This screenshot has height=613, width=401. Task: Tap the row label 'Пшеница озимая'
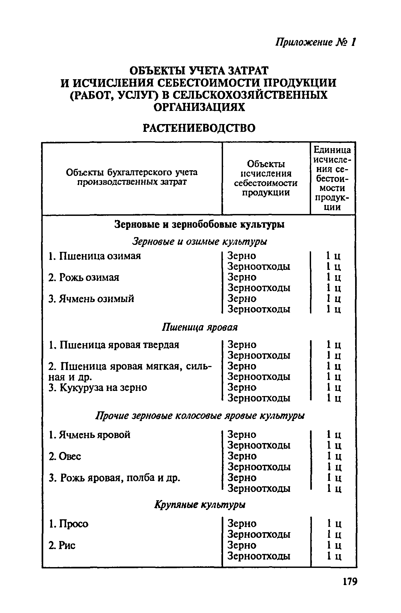point(95,256)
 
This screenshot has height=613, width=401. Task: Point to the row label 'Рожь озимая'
point(84,277)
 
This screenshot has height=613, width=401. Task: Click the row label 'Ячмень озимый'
point(91,299)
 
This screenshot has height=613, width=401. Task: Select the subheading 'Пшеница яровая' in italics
point(200,327)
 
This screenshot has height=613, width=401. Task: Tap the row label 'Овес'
point(65,456)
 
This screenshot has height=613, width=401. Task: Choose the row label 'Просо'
point(69,524)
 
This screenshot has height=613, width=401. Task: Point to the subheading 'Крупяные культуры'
point(200,505)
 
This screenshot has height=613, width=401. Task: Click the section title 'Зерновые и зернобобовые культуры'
point(199,224)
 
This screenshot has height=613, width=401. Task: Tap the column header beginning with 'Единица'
point(333,178)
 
